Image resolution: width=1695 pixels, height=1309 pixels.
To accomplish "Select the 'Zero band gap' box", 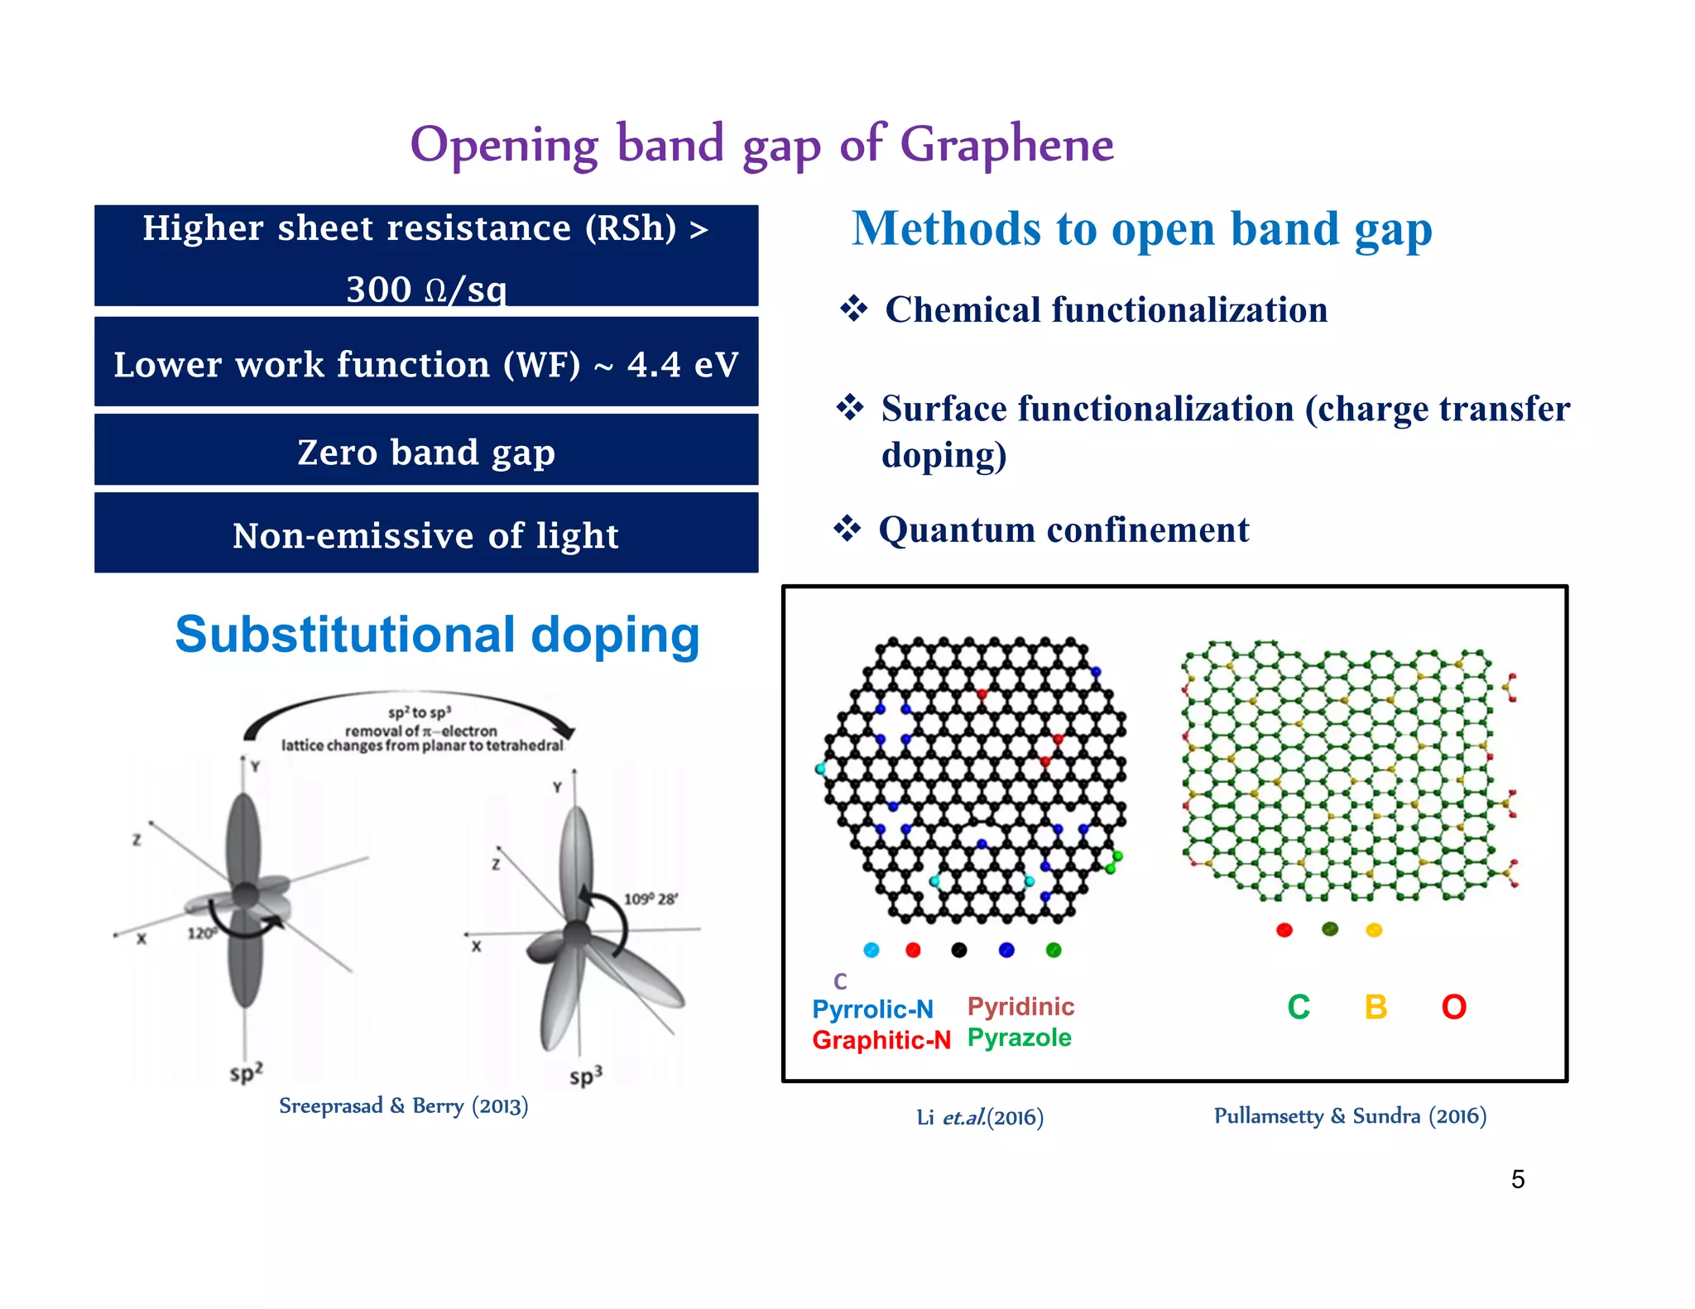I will [x=426, y=451].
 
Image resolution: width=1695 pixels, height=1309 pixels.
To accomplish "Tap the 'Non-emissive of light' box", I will [x=426, y=535].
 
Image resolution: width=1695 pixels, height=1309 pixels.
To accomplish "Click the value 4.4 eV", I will [x=682, y=365].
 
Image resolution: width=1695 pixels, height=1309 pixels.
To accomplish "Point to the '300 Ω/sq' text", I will [x=426, y=290].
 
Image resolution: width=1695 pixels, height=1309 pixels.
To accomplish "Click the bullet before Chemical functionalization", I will [x=853, y=309].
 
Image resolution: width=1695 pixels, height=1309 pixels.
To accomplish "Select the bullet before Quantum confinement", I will [x=847, y=529].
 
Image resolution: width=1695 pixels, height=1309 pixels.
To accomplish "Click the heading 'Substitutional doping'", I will [x=437, y=635].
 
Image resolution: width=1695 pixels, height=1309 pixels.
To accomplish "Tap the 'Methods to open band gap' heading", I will [x=1141, y=229].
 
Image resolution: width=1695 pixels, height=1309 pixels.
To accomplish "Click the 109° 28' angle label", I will [x=651, y=899].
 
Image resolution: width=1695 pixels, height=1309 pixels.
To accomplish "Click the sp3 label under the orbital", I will [x=585, y=1076].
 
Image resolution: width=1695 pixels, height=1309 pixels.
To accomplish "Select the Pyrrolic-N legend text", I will [x=872, y=1009].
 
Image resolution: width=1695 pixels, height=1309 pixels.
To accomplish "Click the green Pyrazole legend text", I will [x=1019, y=1038].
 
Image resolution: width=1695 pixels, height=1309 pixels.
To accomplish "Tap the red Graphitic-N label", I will [x=881, y=1040].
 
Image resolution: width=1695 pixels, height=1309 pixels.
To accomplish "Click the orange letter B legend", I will [x=1376, y=1007].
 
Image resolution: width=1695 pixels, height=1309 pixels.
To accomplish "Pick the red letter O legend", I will [x=1453, y=1007].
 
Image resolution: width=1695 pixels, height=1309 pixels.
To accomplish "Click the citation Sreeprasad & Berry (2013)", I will [x=403, y=1106].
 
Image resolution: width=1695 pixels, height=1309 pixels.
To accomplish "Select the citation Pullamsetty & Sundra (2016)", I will [x=1350, y=1116].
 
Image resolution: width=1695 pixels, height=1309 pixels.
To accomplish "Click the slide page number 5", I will [x=1518, y=1179].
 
